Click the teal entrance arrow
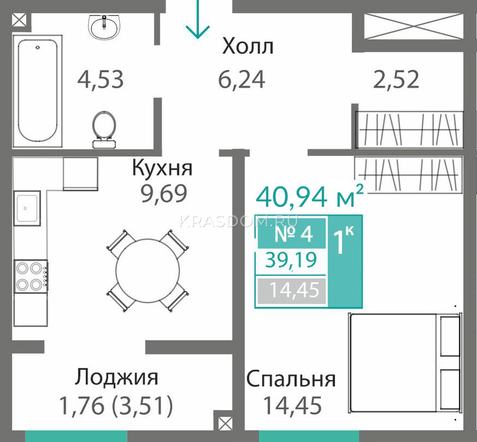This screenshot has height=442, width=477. point(197,19)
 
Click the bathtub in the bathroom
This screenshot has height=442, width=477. point(38,91)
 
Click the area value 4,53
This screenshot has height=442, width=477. point(100,80)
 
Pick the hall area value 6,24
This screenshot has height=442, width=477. point(242,80)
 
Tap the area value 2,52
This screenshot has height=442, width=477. point(396,80)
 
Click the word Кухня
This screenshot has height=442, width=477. point(162,168)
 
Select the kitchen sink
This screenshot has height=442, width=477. point(27,208)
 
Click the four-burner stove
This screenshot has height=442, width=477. point(31,276)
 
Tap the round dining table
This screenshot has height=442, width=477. point(148,271)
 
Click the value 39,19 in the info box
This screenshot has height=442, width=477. point(291,260)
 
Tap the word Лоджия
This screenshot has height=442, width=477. point(116,378)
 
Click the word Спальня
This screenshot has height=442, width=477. point(291,379)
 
